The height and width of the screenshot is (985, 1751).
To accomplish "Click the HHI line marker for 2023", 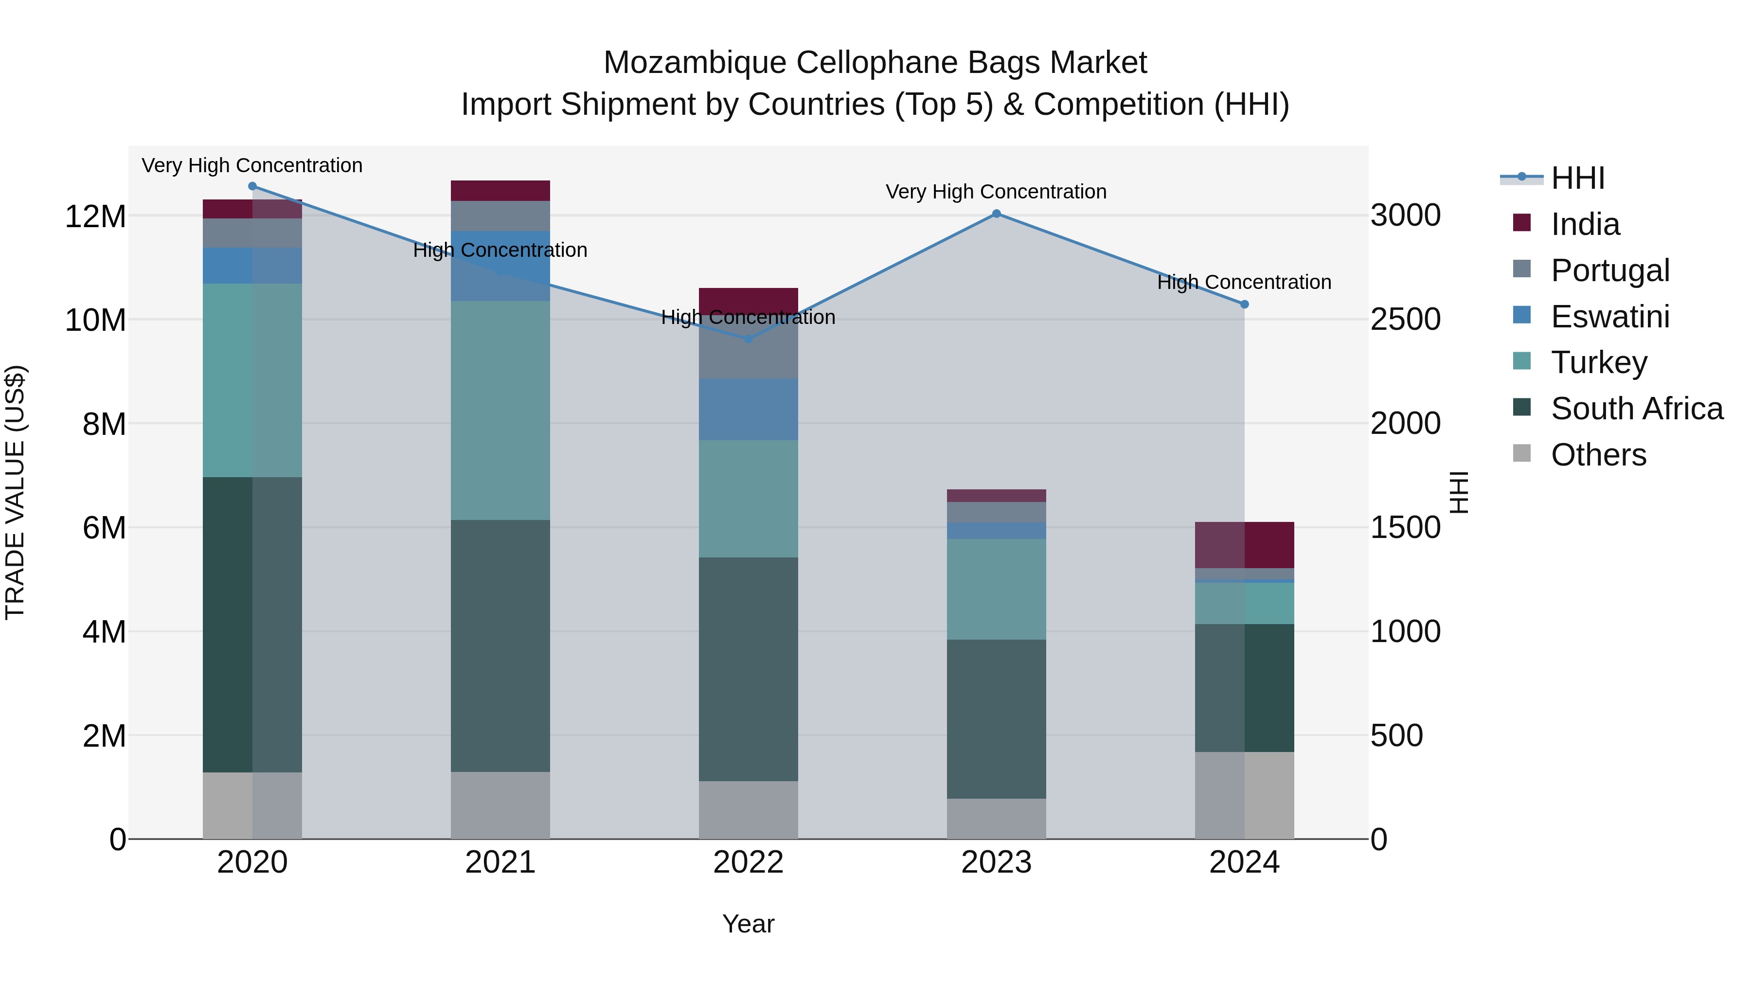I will click(997, 214).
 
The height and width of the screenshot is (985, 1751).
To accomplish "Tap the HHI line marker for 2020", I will click(252, 186).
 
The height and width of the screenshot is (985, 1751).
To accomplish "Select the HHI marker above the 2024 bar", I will click(1245, 304).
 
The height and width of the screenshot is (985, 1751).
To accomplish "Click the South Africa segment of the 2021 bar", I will click(500, 646).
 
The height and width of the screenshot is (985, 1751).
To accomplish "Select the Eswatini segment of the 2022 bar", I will click(749, 409).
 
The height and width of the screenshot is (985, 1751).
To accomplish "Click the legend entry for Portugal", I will click(1609, 270).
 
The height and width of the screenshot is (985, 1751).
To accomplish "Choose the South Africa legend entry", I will click(1636, 409).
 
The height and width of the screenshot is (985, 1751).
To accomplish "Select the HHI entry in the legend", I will click(1577, 178).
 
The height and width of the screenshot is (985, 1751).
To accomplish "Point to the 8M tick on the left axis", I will click(104, 424).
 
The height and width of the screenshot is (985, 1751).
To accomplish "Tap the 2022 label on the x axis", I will click(749, 862).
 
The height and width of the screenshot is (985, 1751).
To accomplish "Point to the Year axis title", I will click(749, 924).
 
